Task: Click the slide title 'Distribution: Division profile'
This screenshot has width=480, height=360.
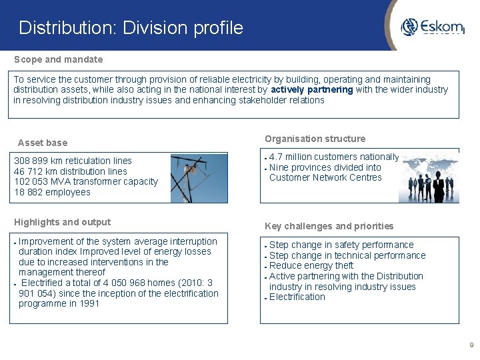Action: tap(131, 28)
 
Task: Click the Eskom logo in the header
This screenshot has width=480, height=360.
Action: tap(432, 27)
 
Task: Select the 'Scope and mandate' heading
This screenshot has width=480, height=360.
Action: tap(59, 59)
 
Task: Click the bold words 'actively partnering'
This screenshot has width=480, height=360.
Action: tap(311, 90)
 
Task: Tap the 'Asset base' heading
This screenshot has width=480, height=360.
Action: tap(43, 143)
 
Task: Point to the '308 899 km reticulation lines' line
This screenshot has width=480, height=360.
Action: tap(73, 161)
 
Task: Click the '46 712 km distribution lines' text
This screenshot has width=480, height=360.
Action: tap(71, 171)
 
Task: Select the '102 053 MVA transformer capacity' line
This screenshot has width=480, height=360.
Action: tap(86, 181)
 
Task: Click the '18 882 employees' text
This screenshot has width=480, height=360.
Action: tap(52, 192)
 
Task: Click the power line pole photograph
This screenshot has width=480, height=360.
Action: tap(199, 178)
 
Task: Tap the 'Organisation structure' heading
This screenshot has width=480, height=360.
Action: tap(315, 139)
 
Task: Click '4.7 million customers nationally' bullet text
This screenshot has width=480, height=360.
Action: tap(333, 157)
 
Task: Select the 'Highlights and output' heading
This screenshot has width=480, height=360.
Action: tap(62, 222)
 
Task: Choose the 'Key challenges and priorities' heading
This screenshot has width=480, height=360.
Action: tap(329, 226)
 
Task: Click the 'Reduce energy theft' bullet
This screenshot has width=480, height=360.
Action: tap(311, 266)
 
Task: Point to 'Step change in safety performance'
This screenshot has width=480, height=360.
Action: tap(341, 245)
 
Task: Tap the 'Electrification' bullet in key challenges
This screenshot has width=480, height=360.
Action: tap(297, 297)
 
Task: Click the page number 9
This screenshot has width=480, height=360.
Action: tap(471, 345)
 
